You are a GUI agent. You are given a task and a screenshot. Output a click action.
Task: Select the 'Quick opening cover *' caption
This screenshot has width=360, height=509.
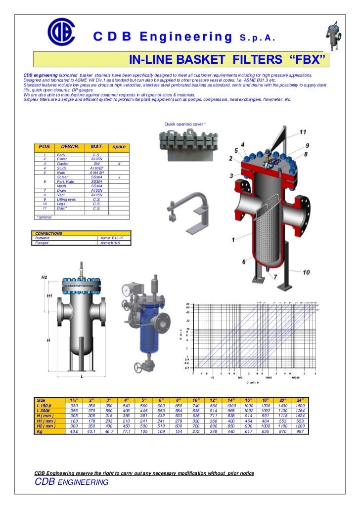click(184, 124)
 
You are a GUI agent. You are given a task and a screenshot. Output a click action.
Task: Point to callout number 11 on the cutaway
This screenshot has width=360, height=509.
click(303, 132)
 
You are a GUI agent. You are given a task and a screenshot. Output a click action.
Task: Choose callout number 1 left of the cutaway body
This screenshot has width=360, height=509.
click(232, 240)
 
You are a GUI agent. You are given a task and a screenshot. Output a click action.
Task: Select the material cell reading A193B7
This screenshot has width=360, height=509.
click(96, 168)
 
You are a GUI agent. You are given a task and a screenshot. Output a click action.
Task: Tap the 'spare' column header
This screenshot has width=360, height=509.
click(119, 147)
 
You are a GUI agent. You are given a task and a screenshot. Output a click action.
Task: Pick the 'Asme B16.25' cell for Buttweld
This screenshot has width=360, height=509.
click(112, 238)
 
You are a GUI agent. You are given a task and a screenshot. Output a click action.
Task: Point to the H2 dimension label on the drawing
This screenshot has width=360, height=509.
click(44, 278)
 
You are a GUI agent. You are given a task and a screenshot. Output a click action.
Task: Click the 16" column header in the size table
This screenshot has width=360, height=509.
click(249, 399)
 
